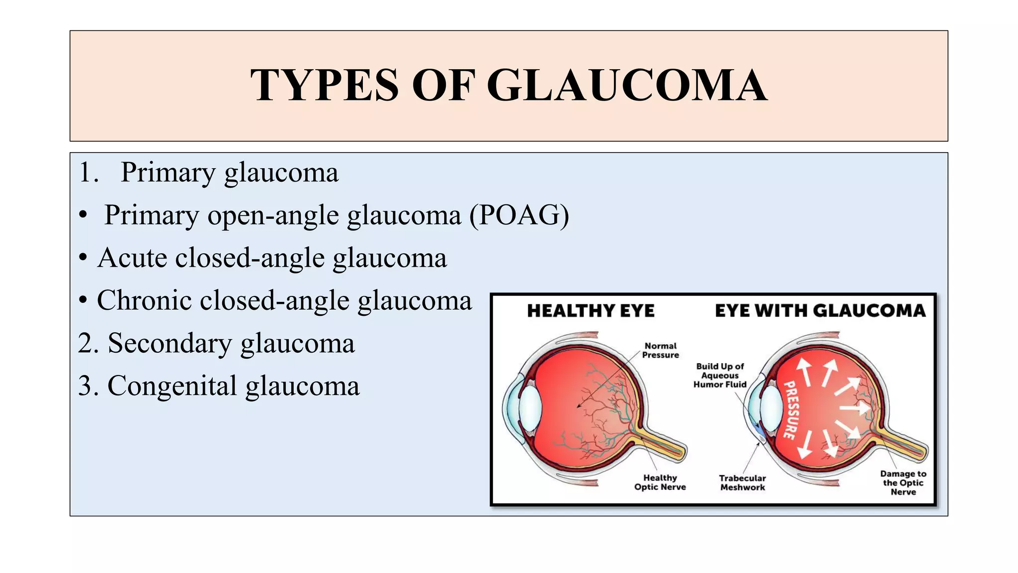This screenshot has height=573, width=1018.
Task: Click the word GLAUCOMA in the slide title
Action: [627, 86]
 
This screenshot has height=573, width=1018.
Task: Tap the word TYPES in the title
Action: [325, 86]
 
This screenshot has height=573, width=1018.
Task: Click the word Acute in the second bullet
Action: [132, 258]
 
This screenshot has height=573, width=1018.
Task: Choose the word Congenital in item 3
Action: [172, 386]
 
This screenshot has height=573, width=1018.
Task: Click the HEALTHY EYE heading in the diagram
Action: [591, 311]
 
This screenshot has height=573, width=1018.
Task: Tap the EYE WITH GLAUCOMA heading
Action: [820, 311]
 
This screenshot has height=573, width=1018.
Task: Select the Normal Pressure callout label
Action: [660, 350]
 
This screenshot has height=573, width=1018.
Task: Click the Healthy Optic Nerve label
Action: [660, 482]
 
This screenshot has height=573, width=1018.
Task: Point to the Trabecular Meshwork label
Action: [742, 482]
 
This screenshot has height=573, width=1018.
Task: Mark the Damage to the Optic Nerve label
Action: [903, 482]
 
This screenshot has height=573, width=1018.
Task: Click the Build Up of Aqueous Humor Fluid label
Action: [720, 376]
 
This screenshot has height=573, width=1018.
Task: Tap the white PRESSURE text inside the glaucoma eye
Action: [790, 410]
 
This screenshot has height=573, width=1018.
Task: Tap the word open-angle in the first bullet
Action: [273, 215]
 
